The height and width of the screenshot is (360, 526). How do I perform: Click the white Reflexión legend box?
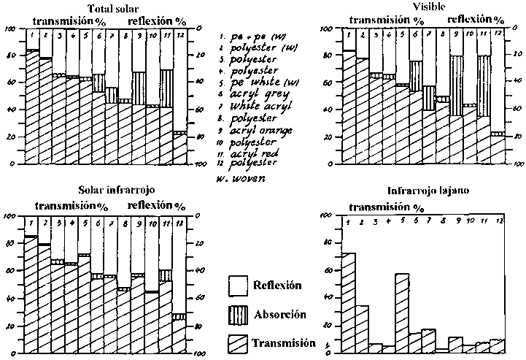pyautogui.click(x=239, y=286)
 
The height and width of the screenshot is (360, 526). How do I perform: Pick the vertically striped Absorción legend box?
pyautogui.click(x=239, y=314)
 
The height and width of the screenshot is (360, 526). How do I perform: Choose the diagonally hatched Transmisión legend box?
pyautogui.click(x=239, y=342)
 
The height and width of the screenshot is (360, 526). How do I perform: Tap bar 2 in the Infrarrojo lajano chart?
pyautogui.click(x=363, y=329)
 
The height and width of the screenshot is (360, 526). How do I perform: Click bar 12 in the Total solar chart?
pyautogui.click(x=179, y=149)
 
